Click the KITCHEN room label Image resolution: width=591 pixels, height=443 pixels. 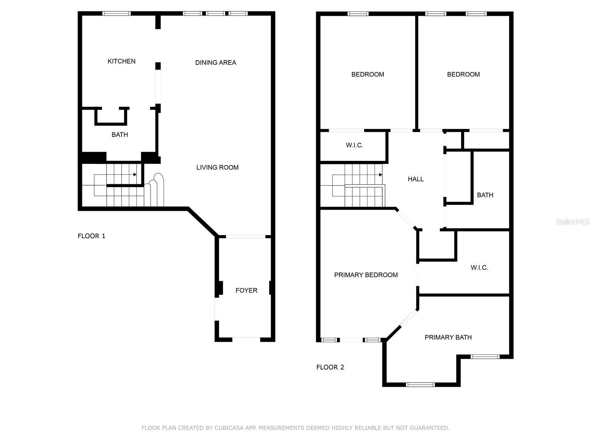point(122,61)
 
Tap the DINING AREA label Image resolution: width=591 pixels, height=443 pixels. point(215,63)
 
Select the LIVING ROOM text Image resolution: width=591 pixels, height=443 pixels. point(217,168)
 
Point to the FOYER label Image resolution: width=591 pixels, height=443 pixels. point(246,291)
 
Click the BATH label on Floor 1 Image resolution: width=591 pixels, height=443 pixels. point(120,135)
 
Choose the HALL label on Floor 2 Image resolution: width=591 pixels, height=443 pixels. point(416,179)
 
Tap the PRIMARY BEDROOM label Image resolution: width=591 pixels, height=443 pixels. point(366,275)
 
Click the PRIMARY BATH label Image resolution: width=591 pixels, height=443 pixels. point(448,337)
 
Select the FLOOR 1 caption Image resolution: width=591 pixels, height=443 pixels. point(91,236)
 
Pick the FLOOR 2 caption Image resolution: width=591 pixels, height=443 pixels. point(330,367)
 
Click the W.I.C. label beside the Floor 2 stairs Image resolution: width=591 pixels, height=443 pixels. point(354,145)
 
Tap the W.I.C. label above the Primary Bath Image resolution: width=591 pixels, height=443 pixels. point(479,268)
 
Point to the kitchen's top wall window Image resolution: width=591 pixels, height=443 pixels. point(117,13)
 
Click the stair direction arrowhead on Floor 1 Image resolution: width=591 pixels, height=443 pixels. point(135,175)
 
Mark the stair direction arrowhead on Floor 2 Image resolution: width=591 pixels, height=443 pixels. point(381,175)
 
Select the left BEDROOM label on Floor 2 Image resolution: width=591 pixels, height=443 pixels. point(368,75)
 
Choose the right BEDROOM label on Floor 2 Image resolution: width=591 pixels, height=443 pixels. point(463,75)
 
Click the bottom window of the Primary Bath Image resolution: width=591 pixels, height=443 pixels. point(420,385)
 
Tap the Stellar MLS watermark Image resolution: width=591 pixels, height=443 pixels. point(573,221)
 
